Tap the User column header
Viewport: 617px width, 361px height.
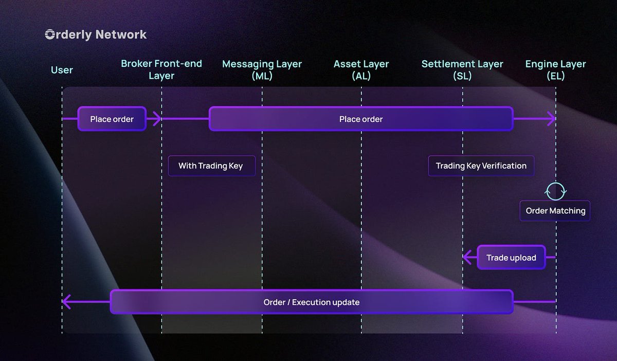point(62,70)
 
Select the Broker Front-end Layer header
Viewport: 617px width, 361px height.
point(161,70)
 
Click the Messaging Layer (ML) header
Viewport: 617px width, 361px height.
point(262,70)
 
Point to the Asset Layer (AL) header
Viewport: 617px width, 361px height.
point(361,70)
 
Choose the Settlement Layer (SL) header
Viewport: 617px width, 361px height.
point(462,70)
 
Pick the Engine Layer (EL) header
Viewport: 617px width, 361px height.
point(555,70)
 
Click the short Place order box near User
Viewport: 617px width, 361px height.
point(112,119)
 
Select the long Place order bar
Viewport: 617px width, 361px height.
point(361,119)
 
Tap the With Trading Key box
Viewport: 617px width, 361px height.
point(211,166)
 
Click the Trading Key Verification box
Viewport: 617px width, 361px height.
point(481,166)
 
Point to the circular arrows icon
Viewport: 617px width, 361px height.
point(555,191)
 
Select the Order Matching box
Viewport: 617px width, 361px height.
point(555,211)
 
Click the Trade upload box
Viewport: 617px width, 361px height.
point(511,258)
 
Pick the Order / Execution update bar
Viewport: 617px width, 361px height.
point(312,302)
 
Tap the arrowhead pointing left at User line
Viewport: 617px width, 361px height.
point(66,302)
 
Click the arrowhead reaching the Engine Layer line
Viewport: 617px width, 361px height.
point(551,119)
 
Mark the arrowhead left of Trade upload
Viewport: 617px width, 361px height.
point(467,258)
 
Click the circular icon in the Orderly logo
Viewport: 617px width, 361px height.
point(50,35)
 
